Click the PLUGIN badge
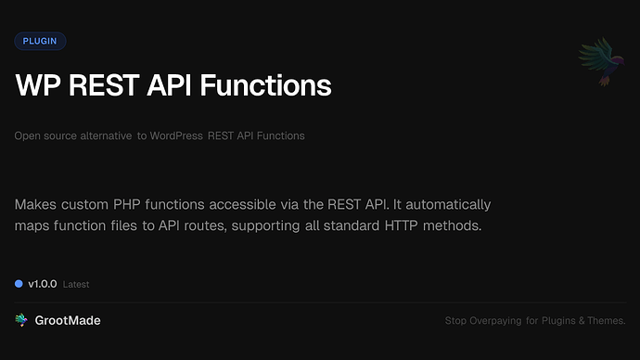[40, 41]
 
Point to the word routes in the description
[215, 225]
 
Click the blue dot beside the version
[19, 283]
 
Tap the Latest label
[76, 284]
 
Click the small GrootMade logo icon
[21, 320]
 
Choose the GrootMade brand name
[68, 320]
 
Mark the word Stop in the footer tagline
[455, 321]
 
